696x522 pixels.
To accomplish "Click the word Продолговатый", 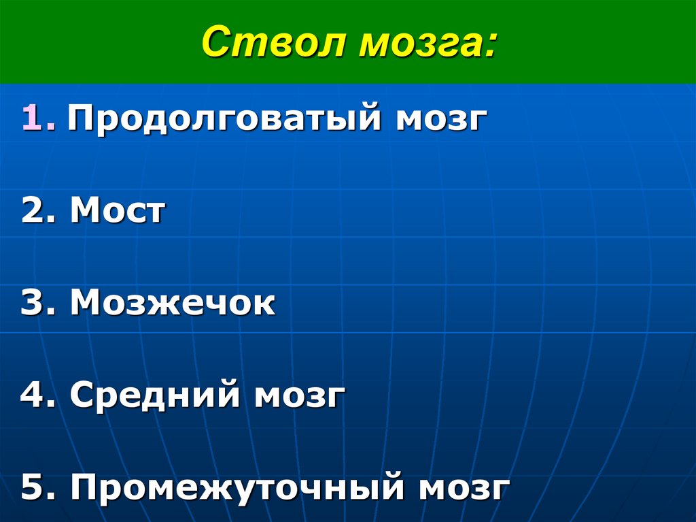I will [x=222, y=120].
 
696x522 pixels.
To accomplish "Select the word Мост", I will [x=117, y=212].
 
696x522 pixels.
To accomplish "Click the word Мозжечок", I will [x=173, y=304].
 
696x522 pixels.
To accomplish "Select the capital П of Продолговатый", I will [x=82, y=118].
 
